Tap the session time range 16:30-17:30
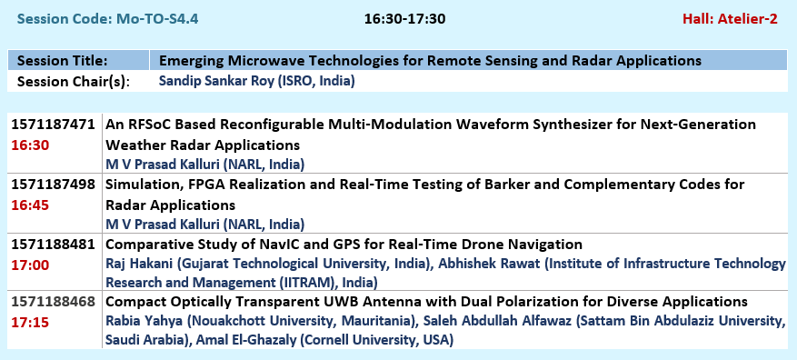click(x=404, y=19)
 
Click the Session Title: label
click(x=63, y=61)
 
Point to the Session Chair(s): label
click(x=74, y=82)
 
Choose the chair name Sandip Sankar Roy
click(x=216, y=81)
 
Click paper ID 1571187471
click(x=53, y=125)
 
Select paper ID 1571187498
click(x=53, y=185)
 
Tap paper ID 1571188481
click(x=53, y=245)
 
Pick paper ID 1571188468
click(x=53, y=302)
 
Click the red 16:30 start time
click(x=30, y=146)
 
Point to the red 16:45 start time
click(x=30, y=206)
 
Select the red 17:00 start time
click(x=30, y=265)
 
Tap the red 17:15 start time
click(x=30, y=323)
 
